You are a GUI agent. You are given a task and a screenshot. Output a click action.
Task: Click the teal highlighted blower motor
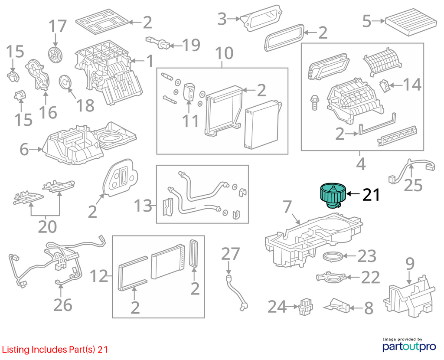[x=333, y=195]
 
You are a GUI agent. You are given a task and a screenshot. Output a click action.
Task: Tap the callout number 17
[x=58, y=26]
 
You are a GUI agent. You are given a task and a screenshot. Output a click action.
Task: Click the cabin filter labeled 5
[x=411, y=22]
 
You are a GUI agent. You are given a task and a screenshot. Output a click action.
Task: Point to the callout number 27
[x=231, y=254]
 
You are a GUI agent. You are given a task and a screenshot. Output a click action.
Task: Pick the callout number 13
[x=143, y=206]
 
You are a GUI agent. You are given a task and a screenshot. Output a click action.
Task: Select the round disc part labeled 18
[x=66, y=82]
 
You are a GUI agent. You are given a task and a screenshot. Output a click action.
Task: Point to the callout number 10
[x=224, y=53]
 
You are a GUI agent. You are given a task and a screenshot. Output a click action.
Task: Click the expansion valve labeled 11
[x=189, y=92]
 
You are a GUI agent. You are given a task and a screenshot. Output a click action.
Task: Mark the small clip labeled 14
[x=384, y=85]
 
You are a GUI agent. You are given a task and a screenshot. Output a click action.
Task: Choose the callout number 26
[x=63, y=305]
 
